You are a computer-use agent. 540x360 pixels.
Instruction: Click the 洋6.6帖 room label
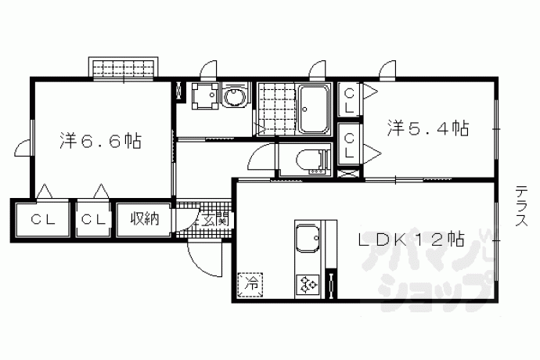[100, 141]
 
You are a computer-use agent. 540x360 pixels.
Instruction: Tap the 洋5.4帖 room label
[428, 128]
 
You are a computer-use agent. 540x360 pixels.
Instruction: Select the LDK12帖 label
[412, 239]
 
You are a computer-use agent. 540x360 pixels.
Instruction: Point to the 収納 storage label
[145, 219]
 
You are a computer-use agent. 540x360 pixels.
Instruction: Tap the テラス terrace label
[522, 206]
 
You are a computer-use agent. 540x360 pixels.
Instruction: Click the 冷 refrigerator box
[250, 285]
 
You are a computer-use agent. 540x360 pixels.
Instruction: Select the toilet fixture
[311, 160]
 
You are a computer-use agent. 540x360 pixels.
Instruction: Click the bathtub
[313, 110]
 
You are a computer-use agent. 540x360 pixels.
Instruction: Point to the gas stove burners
[308, 284]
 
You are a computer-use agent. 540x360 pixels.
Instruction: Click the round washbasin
[234, 95]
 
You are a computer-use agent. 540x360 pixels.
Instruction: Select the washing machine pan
[205, 95]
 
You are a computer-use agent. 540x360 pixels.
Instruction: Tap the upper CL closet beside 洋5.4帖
[349, 100]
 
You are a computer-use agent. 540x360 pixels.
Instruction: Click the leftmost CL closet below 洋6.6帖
[43, 220]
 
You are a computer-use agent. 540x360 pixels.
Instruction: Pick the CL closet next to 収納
[93, 220]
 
